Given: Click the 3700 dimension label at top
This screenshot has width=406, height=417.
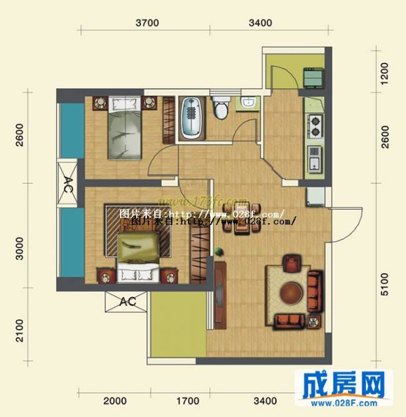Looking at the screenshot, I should (x=147, y=23).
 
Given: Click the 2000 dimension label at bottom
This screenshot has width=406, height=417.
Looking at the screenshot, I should (x=114, y=401).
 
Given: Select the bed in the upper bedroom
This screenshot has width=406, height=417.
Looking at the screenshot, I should (x=123, y=128).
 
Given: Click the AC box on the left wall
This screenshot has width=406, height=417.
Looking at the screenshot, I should (x=68, y=184).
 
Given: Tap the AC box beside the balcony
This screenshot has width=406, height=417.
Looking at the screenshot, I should (x=127, y=301).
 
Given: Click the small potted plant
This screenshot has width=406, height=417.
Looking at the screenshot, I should (x=218, y=251).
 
